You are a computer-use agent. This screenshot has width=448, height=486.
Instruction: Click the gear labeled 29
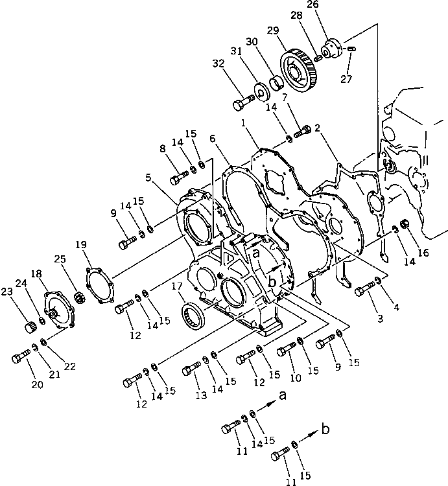[x=301, y=67]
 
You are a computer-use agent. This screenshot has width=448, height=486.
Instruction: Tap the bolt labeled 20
[x=21, y=356]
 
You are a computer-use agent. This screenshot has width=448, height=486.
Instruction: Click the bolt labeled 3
[x=362, y=290]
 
